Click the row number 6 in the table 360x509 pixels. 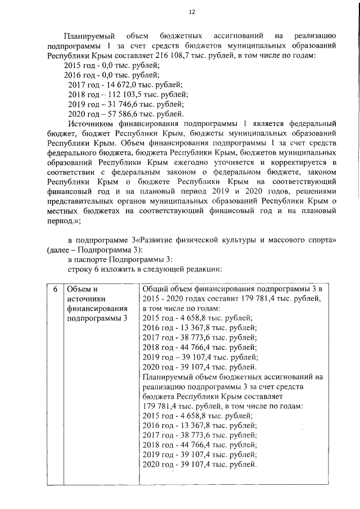(55, 290)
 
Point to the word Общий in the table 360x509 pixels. (155, 290)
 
